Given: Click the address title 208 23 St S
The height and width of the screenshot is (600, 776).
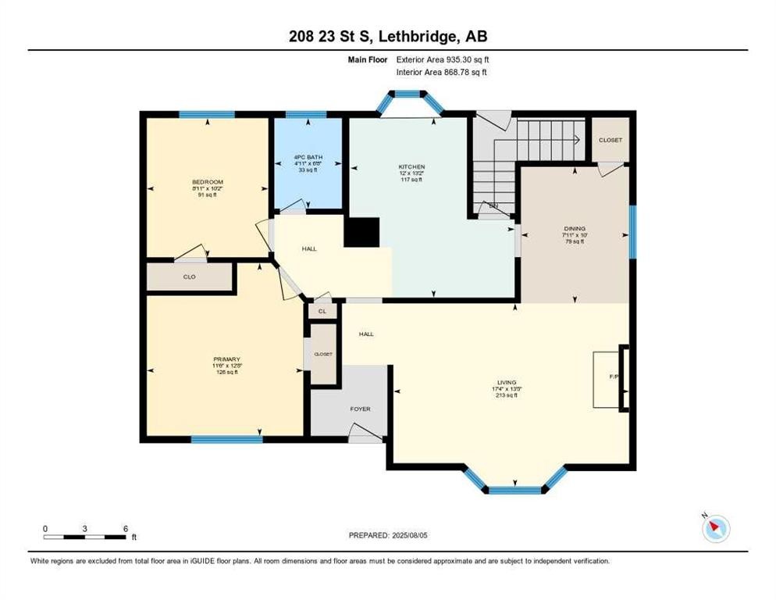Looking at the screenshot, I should click(x=387, y=36).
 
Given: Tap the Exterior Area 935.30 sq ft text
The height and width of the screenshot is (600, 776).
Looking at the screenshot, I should click(x=443, y=59).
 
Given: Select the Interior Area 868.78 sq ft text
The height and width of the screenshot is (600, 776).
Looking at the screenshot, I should click(x=443, y=73).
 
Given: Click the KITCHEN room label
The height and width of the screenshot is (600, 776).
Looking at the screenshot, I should click(x=411, y=167).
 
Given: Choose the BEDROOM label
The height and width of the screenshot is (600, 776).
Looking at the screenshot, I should click(x=208, y=182).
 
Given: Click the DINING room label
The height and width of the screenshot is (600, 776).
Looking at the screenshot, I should click(x=575, y=230).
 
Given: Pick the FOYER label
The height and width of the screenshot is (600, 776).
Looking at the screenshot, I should click(x=360, y=409).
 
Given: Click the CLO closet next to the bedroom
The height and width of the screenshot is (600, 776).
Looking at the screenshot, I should click(x=189, y=277).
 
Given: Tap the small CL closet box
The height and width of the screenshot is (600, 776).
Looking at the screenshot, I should click(x=322, y=311).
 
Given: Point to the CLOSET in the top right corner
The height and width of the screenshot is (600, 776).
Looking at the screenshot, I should click(x=610, y=140).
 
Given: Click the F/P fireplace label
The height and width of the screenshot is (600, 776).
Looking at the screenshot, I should click(x=614, y=377).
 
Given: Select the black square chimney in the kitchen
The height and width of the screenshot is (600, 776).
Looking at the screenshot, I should click(x=361, y=232).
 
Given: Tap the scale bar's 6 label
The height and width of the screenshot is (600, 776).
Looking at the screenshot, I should click(x=126, y=528).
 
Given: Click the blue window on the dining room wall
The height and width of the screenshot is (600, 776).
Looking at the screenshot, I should click(x=632, y=230).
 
